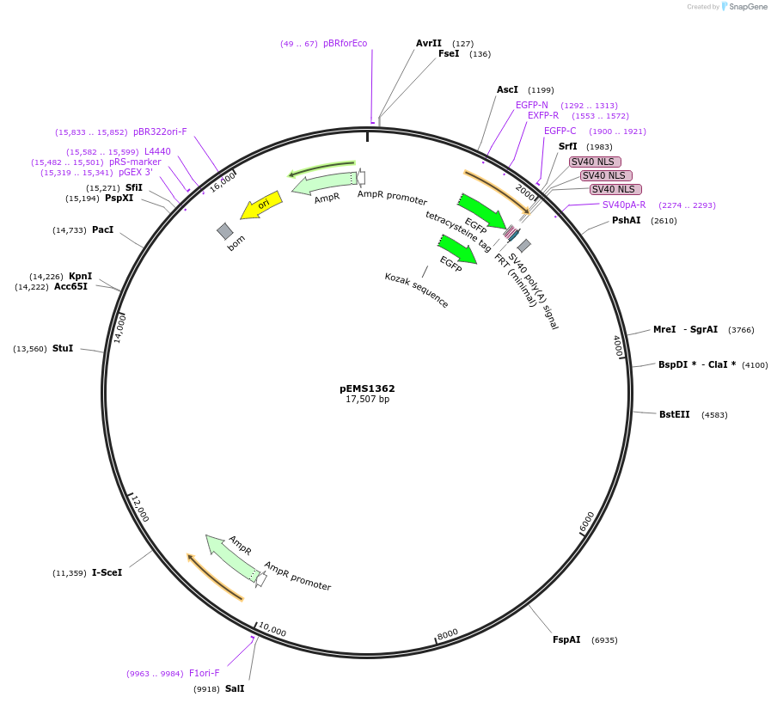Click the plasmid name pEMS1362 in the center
tap(367, 388)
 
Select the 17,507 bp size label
tap(367, 400)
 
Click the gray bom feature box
tap(225, 231)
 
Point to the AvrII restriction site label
tap(428, 43)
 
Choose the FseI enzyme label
tap(449, 53)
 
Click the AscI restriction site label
tap(507, 89)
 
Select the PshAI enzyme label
tap(626, 221)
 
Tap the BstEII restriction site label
tap(674, 414)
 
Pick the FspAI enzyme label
tap(566, 639)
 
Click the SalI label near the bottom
tap(235, 688)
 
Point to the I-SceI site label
tap(107, 572)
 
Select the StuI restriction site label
tap(63, 348)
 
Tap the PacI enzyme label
tap(102, 229)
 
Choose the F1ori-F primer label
tap(204, 673)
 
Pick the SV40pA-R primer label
tap(623, 205)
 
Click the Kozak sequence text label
tap(416, 290)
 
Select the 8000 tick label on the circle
tap(448, 633)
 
